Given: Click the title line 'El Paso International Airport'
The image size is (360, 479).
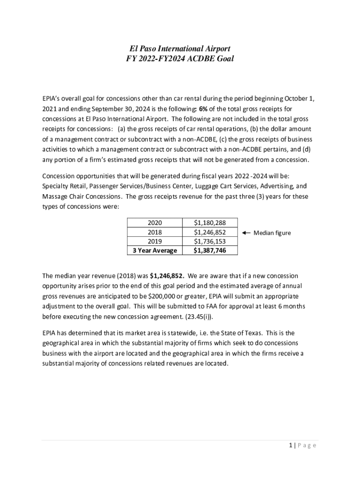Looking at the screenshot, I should [180, 49].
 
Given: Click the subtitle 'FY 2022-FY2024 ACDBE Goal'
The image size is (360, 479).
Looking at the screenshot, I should [180, 59].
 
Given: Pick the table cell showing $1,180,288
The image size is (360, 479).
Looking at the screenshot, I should [210, 223].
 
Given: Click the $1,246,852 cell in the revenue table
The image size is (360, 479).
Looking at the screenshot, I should [210, 232].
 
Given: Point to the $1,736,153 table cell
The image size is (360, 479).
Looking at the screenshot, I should [210, 241].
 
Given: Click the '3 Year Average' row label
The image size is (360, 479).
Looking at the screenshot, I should [155, 250].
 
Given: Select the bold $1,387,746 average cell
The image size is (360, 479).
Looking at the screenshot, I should [210, 250].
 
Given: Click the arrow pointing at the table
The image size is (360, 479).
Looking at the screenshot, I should [246, 232].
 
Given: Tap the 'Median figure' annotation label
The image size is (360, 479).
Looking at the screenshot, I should [272, 232].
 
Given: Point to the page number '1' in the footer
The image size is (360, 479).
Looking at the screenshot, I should [290, 445].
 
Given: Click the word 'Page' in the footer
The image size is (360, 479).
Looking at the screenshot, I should [307, 445].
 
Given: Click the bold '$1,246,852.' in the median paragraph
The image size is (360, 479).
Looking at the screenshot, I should [167, 276].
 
